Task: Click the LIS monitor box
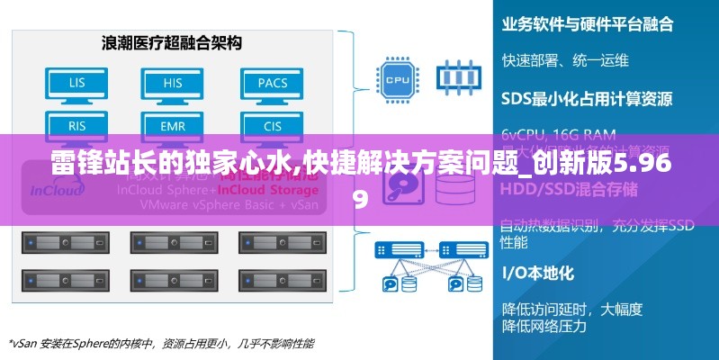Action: pos(78,84)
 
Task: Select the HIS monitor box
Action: pos(173,84)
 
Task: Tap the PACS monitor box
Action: pos(273,84)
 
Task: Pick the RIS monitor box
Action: pos(78,124)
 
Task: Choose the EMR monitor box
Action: pos(173,124)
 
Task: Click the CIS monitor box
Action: pos(273,124)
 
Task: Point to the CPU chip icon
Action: pos(396,79)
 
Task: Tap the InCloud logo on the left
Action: pos(58,191)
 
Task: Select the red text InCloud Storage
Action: pos(267,190)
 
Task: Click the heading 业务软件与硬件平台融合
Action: pos(587,24)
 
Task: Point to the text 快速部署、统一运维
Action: pos(565,60)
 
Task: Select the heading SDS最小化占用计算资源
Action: pos(586,97)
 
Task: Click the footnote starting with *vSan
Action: pos(162,343)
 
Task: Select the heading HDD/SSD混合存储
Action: pos(569,189)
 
